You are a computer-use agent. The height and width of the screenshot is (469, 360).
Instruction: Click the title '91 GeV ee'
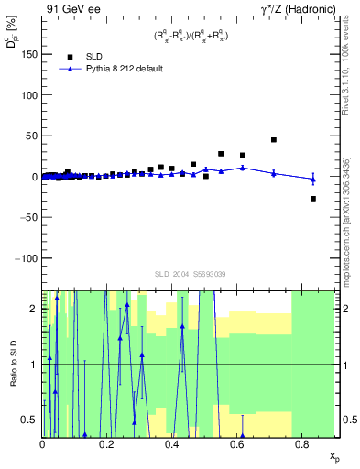pyautogui.click(x=70, y=8)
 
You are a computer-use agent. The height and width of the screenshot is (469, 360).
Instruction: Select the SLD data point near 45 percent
pyautogui.click(x=274, y=140)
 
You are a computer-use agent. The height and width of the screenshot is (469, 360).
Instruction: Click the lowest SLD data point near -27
pyautogui.click(x=313, y=199)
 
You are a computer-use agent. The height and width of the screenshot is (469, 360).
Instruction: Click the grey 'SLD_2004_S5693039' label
pyautogui.click(x=189, y=275)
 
